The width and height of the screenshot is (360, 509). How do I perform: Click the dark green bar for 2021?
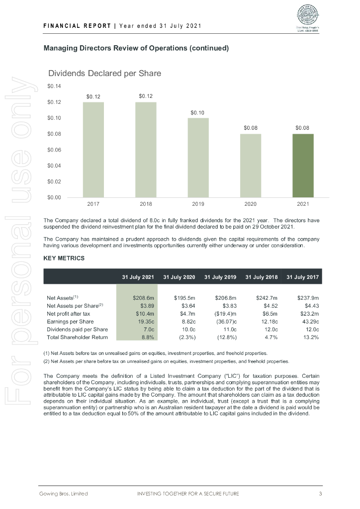(303, 165)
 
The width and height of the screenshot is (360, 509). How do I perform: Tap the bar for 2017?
(93, 149)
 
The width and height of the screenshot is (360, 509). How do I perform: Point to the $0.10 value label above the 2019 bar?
(198, 113)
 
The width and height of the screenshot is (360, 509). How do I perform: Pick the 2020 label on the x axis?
(251, 204)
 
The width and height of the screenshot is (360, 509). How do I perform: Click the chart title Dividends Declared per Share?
(104, 74)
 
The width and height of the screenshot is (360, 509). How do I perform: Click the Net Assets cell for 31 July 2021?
(142, 298)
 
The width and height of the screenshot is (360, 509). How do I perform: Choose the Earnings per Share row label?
(70, 322)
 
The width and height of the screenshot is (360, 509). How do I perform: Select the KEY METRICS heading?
(64, 258)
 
